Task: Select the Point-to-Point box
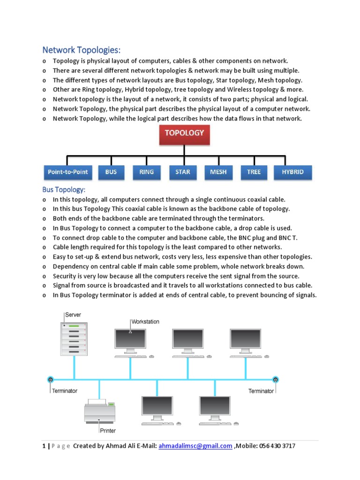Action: (67, 172)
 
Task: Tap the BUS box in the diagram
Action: (111, 172)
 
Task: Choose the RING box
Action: (146, 172)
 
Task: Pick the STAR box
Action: (183, 172)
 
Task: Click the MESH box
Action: (218, 172)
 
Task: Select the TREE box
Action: (254, 172)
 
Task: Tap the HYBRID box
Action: (292, 172)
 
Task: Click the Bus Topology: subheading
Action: (64, 189)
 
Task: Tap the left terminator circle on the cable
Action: (50, 379)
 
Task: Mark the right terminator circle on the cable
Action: (275, 379)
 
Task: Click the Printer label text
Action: (107, 430)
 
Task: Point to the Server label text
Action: (73, 315)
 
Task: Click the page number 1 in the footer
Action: (44, 446)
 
